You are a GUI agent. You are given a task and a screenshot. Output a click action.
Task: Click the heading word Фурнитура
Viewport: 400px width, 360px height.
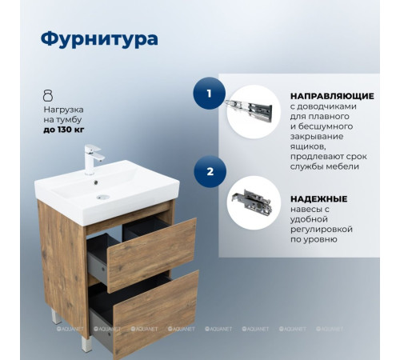(99, 39)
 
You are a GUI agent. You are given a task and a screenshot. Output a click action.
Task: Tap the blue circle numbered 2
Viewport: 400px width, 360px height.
(209, 171)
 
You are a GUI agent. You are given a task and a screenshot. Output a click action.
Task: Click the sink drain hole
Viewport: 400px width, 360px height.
(101, 196)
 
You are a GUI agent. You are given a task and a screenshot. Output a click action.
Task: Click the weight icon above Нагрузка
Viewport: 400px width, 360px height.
(48, 95)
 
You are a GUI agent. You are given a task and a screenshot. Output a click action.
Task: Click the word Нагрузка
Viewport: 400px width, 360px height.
(63, 108)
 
